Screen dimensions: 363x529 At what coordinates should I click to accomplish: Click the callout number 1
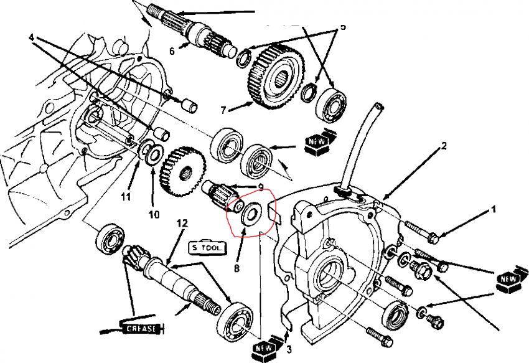click(494, 210)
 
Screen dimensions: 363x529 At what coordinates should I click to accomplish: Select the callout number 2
click(444, 147)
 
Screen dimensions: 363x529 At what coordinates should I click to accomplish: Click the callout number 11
click(126, 197)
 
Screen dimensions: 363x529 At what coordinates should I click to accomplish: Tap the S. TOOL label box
click(206, 247)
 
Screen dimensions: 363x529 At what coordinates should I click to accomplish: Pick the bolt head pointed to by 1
click(434, 237)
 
